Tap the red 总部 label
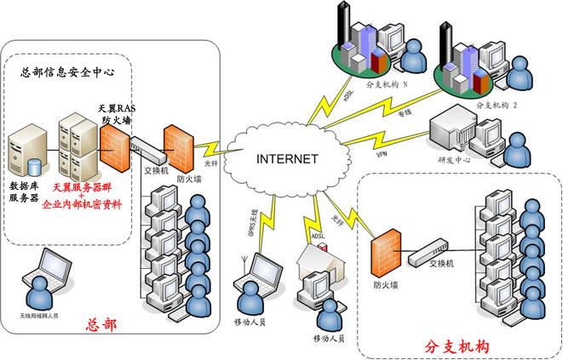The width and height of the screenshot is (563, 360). (x=103, y=324)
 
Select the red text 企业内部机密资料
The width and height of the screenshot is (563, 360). (x=83, y=205)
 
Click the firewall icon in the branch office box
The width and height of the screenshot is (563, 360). (x=387, y=251)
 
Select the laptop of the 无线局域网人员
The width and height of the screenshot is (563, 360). (x=36, y=271)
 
